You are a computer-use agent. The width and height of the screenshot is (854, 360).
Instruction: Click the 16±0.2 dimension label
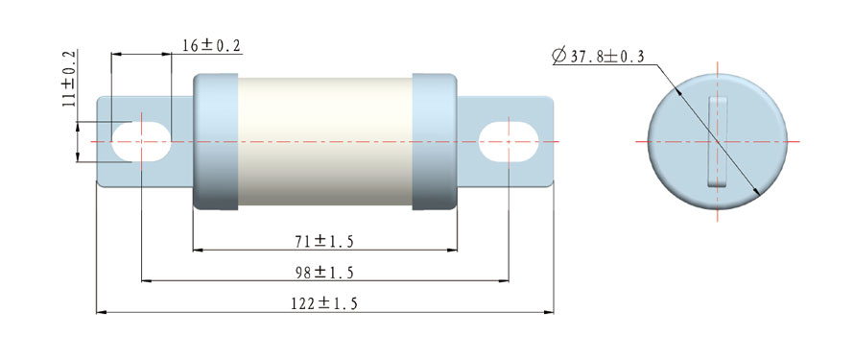coord(211,46)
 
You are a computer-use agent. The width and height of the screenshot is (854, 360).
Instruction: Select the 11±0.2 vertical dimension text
coord(70,79)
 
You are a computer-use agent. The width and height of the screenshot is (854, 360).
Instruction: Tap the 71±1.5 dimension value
coord(324,242)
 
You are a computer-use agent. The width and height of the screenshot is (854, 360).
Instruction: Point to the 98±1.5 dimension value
coord(324,273)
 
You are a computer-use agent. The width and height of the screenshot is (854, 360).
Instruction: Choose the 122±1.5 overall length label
coord(324,304)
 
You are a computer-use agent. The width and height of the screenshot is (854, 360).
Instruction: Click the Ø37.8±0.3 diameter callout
coord(598,56)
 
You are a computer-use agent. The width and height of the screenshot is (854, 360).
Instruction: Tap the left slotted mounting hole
coord(141,142)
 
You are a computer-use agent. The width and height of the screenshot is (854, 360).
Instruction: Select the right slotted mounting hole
coord(509,142)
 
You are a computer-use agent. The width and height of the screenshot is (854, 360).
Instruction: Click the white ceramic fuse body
coord(324,142)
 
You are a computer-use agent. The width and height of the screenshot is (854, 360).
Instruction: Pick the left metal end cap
coord(216,142)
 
